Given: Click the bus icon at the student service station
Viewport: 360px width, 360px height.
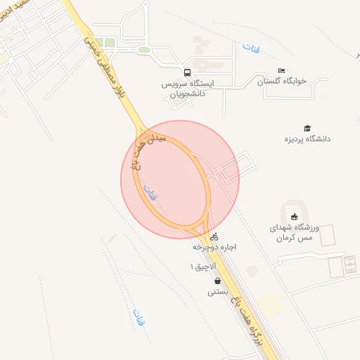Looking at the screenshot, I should [x=187, y=72].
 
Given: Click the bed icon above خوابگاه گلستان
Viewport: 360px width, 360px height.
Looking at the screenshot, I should [x=282, y=70].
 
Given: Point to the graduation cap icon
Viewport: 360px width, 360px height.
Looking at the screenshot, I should [x=307, y=127].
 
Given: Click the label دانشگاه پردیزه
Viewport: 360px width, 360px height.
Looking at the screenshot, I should [x=307, y=139].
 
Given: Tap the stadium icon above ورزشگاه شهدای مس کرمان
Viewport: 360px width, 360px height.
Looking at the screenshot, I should [x=295, y=215].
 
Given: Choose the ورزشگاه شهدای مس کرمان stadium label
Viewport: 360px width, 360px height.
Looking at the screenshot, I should [x=295, y=233].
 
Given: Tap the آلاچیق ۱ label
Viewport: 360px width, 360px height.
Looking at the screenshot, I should [x=201, y=267].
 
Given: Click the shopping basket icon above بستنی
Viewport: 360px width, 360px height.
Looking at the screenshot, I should [x=217, y=281].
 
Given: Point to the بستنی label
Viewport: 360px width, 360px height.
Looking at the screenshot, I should [x=216, y=292].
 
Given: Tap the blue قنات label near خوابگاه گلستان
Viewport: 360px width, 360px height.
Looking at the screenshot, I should [x=250, y=49].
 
